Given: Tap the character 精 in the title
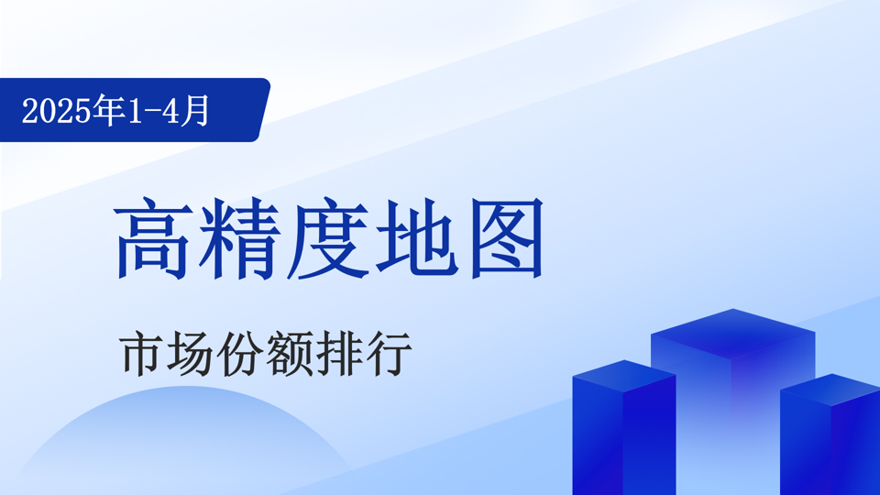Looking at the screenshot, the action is (x=239, y=238).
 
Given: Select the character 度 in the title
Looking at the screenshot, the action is (x=328, y=238).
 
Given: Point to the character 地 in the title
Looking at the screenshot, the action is (x=416, y=238).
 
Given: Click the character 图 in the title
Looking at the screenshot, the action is (x=507, y=238).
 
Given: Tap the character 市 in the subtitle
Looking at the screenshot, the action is (x=140, y=354).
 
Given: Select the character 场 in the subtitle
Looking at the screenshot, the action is (x=190, y=354).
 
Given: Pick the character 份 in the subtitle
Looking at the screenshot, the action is (x=239, y=354).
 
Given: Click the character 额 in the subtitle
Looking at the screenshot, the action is (x=289, y=354).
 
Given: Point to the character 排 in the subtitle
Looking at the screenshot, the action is (x=339, y=354).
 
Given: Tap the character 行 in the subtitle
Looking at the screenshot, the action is (x=389, y=354).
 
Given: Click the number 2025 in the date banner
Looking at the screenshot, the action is (x=56, y=111).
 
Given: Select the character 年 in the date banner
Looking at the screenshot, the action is (x=109, y=110).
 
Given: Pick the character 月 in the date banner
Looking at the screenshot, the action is (x=195, y=110).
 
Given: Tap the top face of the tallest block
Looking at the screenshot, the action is (x=733, y=334).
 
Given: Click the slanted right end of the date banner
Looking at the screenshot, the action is (x=263, y=110).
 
